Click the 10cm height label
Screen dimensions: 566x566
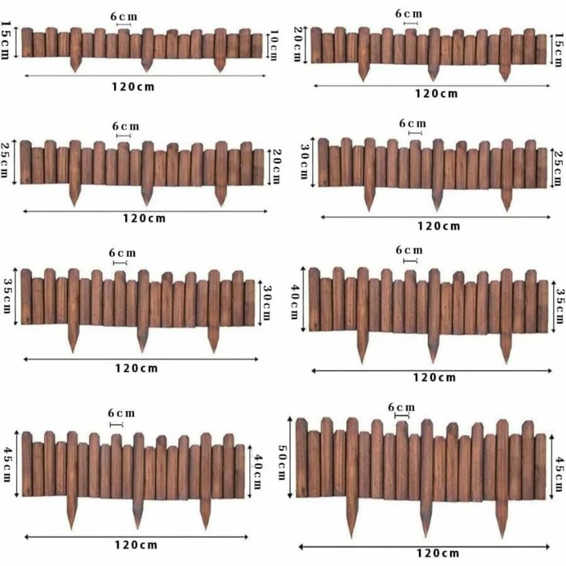point(274,47)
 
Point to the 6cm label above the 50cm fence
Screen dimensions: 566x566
point(401,407)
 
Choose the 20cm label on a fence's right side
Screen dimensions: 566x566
point(274,167)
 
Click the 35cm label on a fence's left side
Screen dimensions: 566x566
point(8,297)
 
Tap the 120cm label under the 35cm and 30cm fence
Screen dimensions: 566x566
point(136,368)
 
